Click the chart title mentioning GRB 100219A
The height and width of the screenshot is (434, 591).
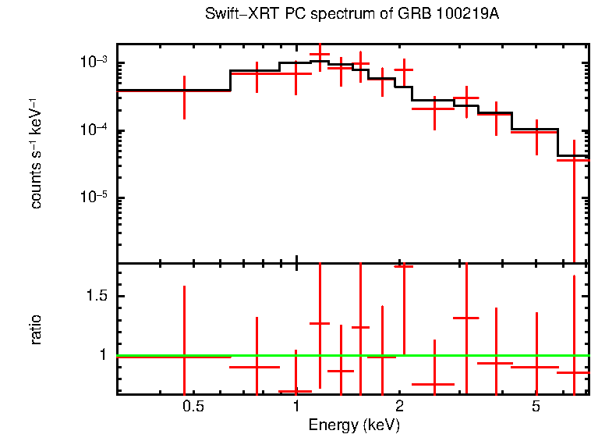coord(351,15)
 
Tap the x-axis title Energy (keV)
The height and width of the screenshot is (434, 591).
coord(354,425)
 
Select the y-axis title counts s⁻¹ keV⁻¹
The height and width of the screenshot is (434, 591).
coord(36,154)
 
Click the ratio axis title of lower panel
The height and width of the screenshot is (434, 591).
coord(36,329)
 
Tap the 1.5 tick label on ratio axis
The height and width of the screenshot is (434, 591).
coord(99,297)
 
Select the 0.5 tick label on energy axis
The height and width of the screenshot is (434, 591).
coord(193,407)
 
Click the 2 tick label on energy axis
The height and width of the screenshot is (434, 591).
coord(399,407)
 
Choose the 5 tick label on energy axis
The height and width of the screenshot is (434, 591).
coord(536,407)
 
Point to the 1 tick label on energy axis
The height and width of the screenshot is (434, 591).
coord(296,407)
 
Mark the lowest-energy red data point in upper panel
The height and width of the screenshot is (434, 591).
coord(184,91)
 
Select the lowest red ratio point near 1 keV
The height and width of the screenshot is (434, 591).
coord(295,391)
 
